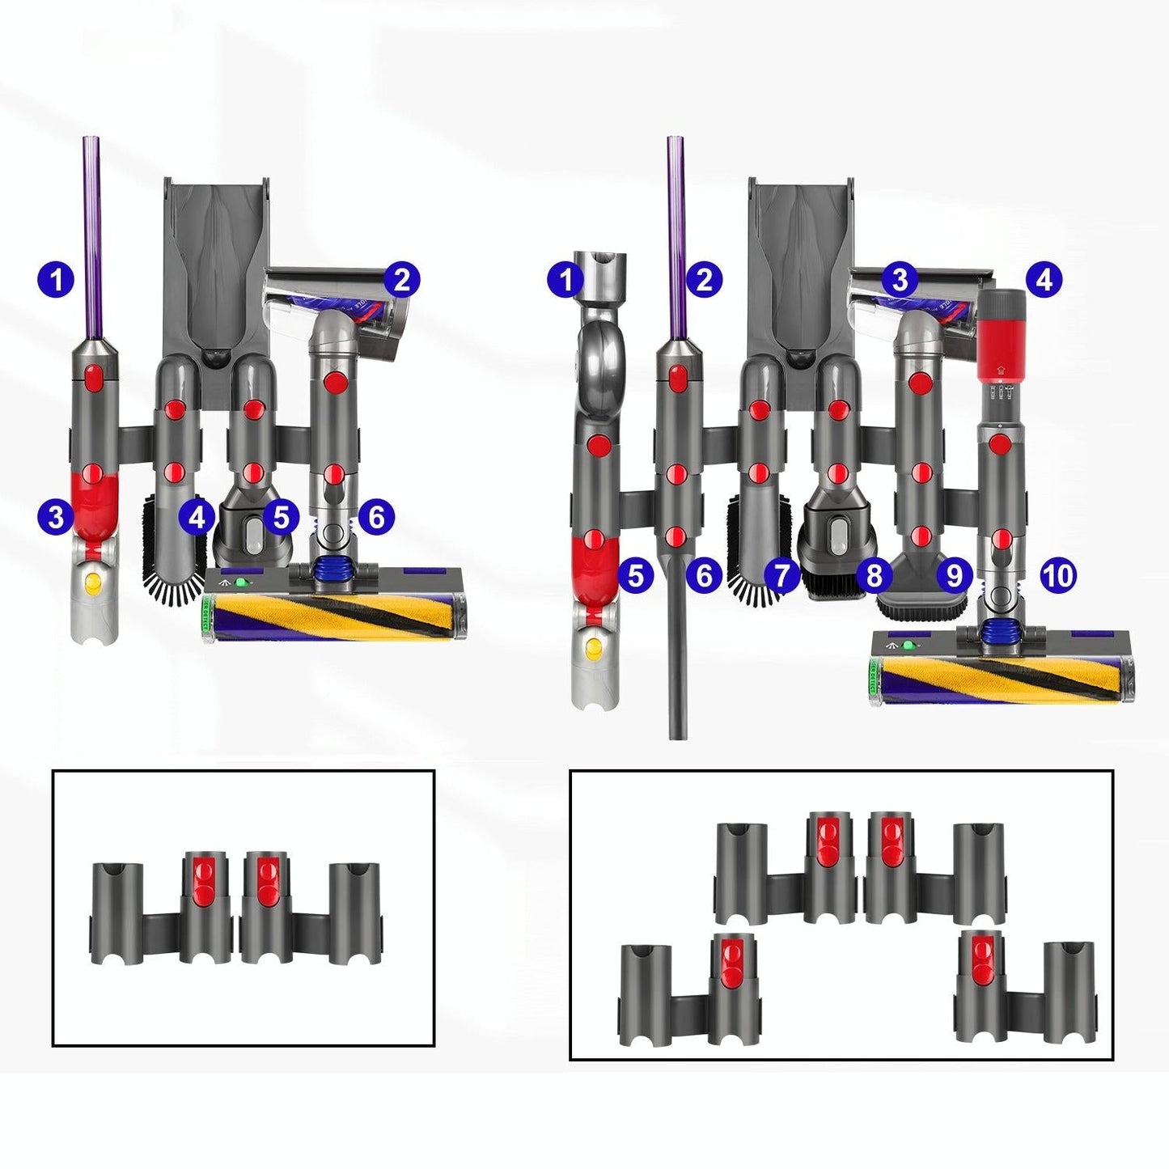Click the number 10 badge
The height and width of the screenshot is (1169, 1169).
coord(1058,575)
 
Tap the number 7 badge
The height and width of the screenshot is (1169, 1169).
coord(781,575)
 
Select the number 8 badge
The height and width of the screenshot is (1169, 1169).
coord(874,575)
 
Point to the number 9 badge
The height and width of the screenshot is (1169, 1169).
coord(955,575)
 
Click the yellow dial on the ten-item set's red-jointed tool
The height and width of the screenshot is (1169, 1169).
coord(595,646)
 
